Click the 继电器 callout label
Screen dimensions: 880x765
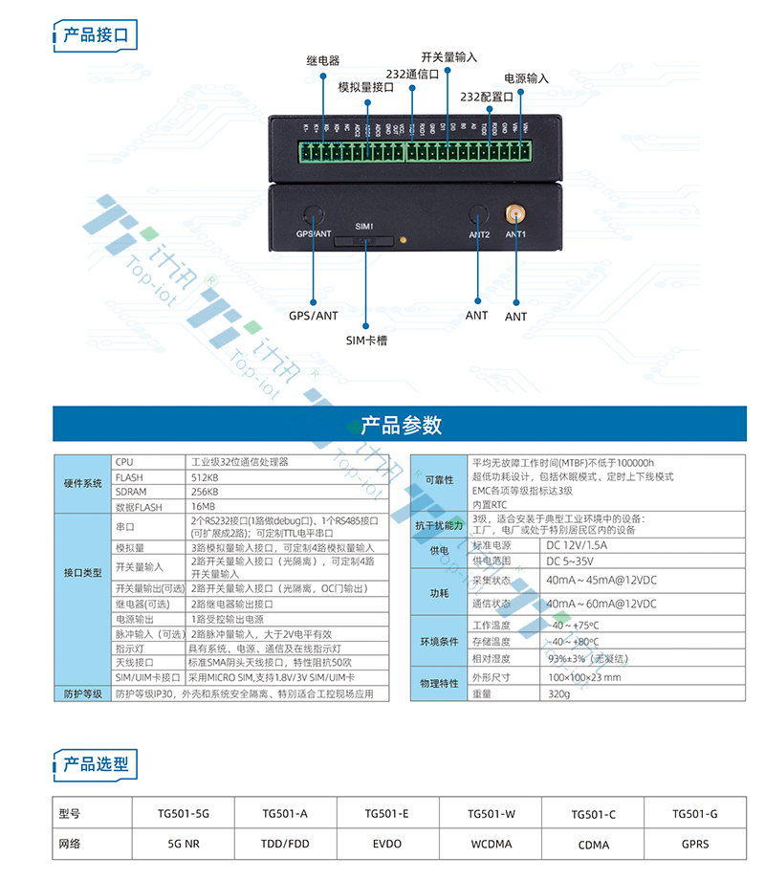(323, 60)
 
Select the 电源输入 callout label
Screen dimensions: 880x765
(527, 78)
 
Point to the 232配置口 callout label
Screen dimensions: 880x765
(487, 97)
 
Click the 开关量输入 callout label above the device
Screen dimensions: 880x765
(448, 57)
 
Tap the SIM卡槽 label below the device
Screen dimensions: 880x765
(366, 340)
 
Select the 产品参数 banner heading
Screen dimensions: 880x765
(401, 425)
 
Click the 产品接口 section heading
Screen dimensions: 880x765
(95, 35)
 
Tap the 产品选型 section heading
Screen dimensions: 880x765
(95, 763)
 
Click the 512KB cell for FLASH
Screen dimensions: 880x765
(206, 477)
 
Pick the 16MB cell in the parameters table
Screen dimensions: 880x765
(203, 506)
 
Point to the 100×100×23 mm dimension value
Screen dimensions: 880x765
(584, 677)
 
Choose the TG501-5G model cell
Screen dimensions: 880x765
(183, 814)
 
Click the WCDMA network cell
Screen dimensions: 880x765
(492, 845)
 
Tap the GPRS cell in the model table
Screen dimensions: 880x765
(695, 845)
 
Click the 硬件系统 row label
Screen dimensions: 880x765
(82, 484)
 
